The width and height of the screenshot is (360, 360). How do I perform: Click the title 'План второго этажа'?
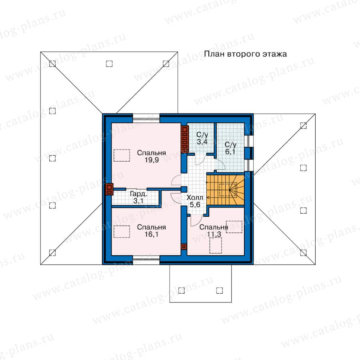click(246, 54)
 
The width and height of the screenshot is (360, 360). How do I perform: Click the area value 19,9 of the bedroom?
click(152, 160)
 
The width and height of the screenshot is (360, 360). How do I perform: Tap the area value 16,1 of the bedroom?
click(152, 234)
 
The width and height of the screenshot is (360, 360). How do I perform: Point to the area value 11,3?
click(214, 234)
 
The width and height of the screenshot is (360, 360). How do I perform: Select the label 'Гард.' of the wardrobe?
click(138, 194)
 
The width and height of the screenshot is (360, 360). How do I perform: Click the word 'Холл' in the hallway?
click(195, 198)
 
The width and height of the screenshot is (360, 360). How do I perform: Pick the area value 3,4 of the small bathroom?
click(202, 142)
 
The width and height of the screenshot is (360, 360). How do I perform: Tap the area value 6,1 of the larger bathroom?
click(230, 152)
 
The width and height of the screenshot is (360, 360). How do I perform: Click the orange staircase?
click(225, 190)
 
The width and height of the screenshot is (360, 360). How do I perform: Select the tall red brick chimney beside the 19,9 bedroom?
click(184, 140)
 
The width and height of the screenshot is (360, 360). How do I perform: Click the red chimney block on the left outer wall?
click(109, 189)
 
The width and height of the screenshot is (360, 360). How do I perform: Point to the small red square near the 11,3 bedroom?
click(184, 247)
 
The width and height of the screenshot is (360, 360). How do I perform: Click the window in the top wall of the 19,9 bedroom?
click(146, 118)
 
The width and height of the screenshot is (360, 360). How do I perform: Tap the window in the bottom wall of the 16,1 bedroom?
click(146, 260)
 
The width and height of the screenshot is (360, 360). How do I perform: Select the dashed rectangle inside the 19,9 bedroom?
click(122, 156)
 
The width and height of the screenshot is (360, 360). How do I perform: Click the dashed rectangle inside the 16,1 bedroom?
click(122, 232)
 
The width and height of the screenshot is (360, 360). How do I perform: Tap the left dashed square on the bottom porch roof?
click(181, 290)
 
